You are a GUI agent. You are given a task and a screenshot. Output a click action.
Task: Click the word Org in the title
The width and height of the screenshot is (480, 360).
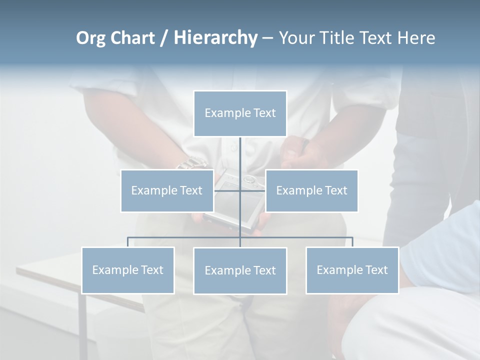tap(91, 38)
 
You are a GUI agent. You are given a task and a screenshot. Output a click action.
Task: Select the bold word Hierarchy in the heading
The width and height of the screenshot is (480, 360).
tap(215, 38)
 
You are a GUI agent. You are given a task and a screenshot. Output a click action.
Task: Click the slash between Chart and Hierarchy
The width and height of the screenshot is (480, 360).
tap(164, 38)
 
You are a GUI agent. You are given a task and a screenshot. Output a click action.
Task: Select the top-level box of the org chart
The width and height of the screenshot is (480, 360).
tap(240, 113)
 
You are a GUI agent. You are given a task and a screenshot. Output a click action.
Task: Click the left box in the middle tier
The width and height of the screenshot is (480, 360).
tap(167, 190)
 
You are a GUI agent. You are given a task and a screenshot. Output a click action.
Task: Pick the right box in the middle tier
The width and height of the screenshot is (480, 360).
tap(311, 190)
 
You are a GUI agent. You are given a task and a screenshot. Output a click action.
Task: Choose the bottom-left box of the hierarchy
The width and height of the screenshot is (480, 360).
tap(127, 270)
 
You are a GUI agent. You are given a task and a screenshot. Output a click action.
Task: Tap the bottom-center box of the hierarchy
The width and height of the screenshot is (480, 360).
tap(240, 270)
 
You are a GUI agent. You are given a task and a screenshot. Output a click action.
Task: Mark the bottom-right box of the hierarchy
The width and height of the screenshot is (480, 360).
tap(352, 270)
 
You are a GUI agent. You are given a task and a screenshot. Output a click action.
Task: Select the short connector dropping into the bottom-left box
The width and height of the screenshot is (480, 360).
tap(127, 242)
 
